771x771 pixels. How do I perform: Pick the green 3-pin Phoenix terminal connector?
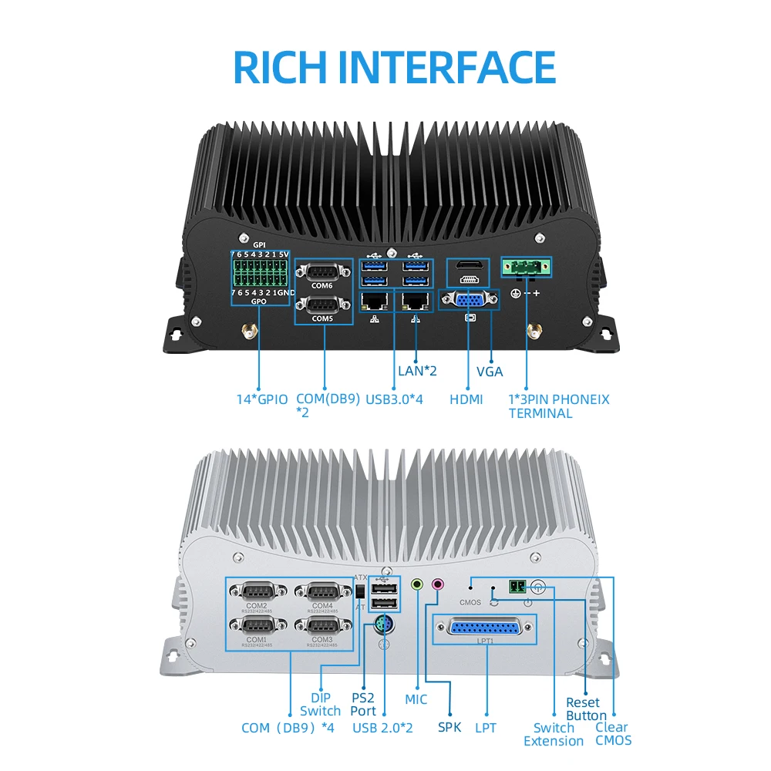click(x=527, y=267)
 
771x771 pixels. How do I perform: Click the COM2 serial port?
click(x=257, y=592)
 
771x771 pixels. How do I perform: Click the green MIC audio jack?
click(x=417, y=585)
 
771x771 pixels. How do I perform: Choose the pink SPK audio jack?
click(x=438, y=585)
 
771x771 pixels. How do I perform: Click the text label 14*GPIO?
click(x=262, y=399)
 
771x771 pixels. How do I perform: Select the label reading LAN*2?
click(x=418, y=371)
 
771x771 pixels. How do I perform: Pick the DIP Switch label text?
click(x=320, y=703)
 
